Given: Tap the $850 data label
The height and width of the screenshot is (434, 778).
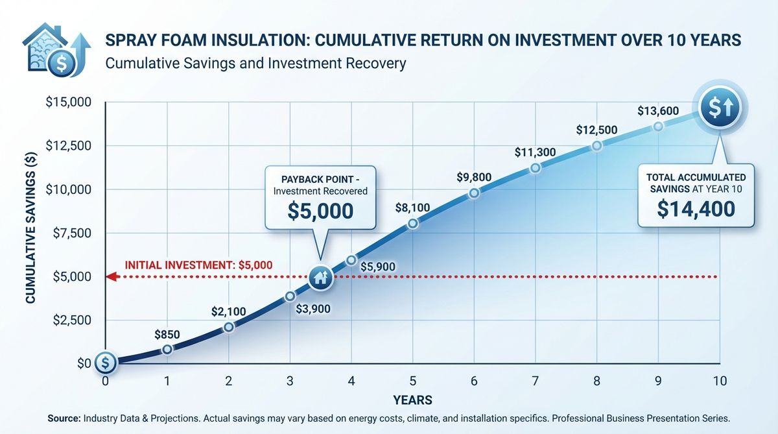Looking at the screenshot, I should pyautogui.click(x=167, y=335).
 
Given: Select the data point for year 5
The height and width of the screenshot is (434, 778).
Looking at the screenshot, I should pyautogui.click(x=413, y=223).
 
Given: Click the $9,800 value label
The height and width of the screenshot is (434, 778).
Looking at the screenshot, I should pyautogui.click(x=473, y=177).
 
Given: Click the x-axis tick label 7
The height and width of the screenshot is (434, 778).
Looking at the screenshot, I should pyautogui.click(x=535, y=381).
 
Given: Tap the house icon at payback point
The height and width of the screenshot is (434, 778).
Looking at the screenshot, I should pyautogui.click(x=320, y=278).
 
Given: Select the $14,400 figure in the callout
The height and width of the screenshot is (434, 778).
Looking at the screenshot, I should pyautogui.click(x=696, y=208).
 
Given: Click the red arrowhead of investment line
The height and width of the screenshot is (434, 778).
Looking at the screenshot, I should pyautogui.click(x=111, y=277).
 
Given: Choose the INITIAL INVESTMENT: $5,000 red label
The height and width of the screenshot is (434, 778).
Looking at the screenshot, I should pyautogui.click(x=198, y=265).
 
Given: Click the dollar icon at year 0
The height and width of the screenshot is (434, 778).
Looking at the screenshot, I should pyautogui.click(x=105, y=363).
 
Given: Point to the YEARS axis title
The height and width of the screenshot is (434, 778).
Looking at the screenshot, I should pyautogui.click(x=412, y=400).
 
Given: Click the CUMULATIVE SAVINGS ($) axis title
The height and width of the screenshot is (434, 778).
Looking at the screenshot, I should pyautogui.click(x=30, y=232).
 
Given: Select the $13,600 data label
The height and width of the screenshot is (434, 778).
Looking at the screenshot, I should pyautogui.click(x=658, y=111).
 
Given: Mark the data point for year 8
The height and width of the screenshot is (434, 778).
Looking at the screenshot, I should pyautogui.click(x=596, y=146).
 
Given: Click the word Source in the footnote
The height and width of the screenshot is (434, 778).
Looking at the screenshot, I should pyautogui.click(x=64, y=418).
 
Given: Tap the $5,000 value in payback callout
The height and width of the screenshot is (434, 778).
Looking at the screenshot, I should pyautogui.click(x=320, y=211).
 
